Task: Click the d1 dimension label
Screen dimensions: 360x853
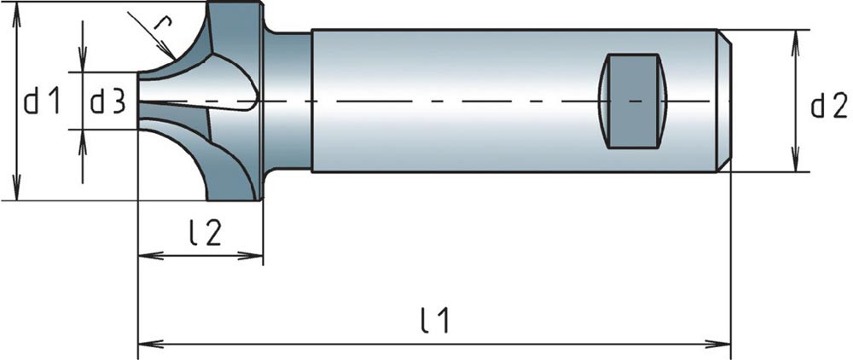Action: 42,103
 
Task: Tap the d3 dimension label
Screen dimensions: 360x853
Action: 108,103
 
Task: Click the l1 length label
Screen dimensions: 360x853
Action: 435,321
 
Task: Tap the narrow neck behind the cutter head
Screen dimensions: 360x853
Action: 288,101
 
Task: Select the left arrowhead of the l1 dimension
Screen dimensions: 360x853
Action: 145,344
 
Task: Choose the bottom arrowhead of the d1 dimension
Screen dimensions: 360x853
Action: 15,194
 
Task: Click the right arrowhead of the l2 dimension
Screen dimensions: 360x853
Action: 256,254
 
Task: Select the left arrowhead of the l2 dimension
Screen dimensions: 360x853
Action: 145,254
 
